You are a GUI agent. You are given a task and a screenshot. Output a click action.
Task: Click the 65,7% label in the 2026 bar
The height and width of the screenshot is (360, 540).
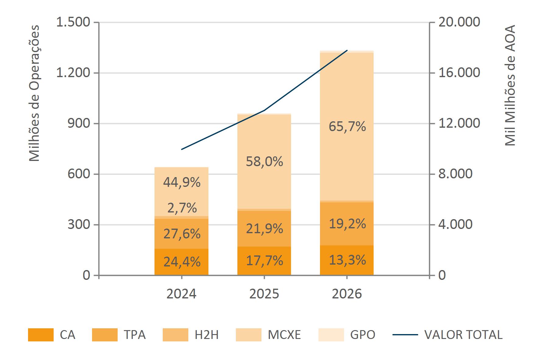point(347,126)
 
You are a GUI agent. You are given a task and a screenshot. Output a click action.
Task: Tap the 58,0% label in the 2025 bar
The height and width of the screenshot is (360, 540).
point(265,162)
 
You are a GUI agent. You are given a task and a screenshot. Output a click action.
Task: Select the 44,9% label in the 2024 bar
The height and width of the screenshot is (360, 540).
point(182,182)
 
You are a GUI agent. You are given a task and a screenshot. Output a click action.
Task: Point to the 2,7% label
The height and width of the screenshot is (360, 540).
point(182,208)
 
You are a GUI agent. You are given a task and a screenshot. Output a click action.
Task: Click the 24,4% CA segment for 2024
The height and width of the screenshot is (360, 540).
point(181,262)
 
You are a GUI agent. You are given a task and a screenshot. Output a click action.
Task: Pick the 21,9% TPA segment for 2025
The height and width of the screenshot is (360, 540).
point(264,229)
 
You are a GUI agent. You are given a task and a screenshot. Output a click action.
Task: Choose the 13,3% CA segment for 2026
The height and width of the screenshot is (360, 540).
point(347,260)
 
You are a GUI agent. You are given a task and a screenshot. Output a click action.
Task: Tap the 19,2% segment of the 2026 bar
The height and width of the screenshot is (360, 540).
point(347,224)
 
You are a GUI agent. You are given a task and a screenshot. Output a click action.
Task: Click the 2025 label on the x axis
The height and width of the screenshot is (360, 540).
point(264,294)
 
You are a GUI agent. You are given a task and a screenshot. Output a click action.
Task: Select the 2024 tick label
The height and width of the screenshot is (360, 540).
point(182,294)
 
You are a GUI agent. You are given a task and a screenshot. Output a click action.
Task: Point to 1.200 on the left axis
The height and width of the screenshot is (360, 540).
point(73,73)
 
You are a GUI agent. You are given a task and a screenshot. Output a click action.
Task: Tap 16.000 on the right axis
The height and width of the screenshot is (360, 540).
point(459,73)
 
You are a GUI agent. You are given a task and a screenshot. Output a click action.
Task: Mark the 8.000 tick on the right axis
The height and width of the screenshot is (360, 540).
point(455,174)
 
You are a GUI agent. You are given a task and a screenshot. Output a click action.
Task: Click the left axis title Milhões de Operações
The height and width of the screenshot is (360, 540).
point(34,93)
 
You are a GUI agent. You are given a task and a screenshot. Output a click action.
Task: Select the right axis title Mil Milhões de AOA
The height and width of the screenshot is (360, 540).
point(510,85)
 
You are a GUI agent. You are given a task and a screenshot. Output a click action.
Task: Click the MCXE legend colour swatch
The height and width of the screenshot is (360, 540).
point(249,335)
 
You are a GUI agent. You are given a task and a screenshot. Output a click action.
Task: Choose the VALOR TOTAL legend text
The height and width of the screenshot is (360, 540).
point(464,335)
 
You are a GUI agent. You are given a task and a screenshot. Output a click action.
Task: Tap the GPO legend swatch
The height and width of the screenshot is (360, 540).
point(331,335)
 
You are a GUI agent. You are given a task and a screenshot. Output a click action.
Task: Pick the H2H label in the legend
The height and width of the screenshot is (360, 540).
point(207,335)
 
